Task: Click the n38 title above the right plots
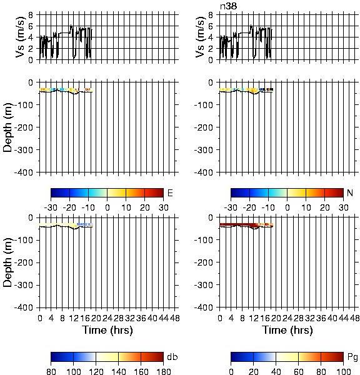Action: [229, 6]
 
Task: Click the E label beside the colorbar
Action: [170, 192]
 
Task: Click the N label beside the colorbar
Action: [350, 192]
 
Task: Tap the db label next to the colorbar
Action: [172, 357]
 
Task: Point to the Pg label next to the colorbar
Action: [352, 357]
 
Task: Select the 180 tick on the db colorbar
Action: [163, 371]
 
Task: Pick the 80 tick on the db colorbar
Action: [51, 371]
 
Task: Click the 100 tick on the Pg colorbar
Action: [344, 371]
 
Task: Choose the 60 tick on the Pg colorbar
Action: [299, 371]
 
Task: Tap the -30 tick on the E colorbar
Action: [51, 207]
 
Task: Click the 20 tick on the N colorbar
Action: [324, 207]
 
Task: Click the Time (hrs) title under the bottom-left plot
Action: [107, 330]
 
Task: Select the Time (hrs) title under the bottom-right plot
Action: [287, 330]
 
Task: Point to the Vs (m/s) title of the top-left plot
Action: [21, 37]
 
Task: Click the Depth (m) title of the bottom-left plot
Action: [8, 262]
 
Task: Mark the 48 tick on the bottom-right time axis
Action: [354, 318]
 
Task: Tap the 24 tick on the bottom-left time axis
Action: [107, 318]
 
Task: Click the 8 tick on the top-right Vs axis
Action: [211, 15]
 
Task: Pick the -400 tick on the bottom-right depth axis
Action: [203, 307]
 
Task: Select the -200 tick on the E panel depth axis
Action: [24, 127]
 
